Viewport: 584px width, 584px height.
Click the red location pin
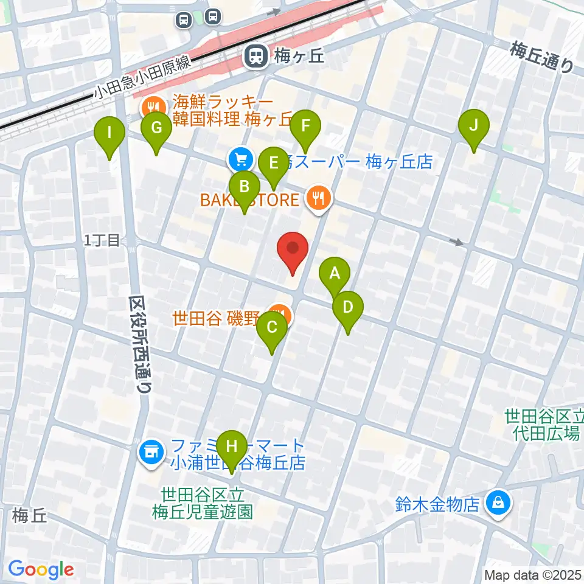[293, 251]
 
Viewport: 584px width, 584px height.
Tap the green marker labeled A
[334, 274]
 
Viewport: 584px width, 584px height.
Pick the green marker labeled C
[271, 329]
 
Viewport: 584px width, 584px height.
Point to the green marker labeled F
[305, 128]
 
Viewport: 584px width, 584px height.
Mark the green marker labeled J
[474, 127]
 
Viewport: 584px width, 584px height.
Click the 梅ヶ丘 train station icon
[254, 57]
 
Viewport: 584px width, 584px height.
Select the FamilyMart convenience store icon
[151, 452]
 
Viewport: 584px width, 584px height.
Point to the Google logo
[41, 569]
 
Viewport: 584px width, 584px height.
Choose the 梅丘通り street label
[542, 56]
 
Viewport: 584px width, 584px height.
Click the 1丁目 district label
[102, 241]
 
